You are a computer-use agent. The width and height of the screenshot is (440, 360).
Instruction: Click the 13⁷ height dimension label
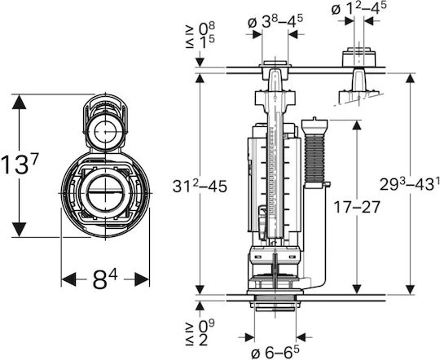(x=19, y=165)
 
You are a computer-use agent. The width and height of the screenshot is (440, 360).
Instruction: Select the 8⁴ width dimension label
(x=105, y=279)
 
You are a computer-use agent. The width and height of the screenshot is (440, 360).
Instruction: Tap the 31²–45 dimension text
(x=200, y=186)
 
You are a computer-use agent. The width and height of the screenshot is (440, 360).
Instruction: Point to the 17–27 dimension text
(x=356, y=207)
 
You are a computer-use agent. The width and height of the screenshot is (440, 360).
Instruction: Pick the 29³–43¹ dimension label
(x=409, y=184)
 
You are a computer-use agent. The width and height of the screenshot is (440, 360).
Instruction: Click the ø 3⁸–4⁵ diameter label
(x=275, y=22)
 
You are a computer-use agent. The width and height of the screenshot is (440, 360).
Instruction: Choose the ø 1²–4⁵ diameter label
(x=359, y=8)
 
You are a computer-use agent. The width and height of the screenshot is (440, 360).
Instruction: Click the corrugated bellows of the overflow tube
(x=315, y=158)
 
